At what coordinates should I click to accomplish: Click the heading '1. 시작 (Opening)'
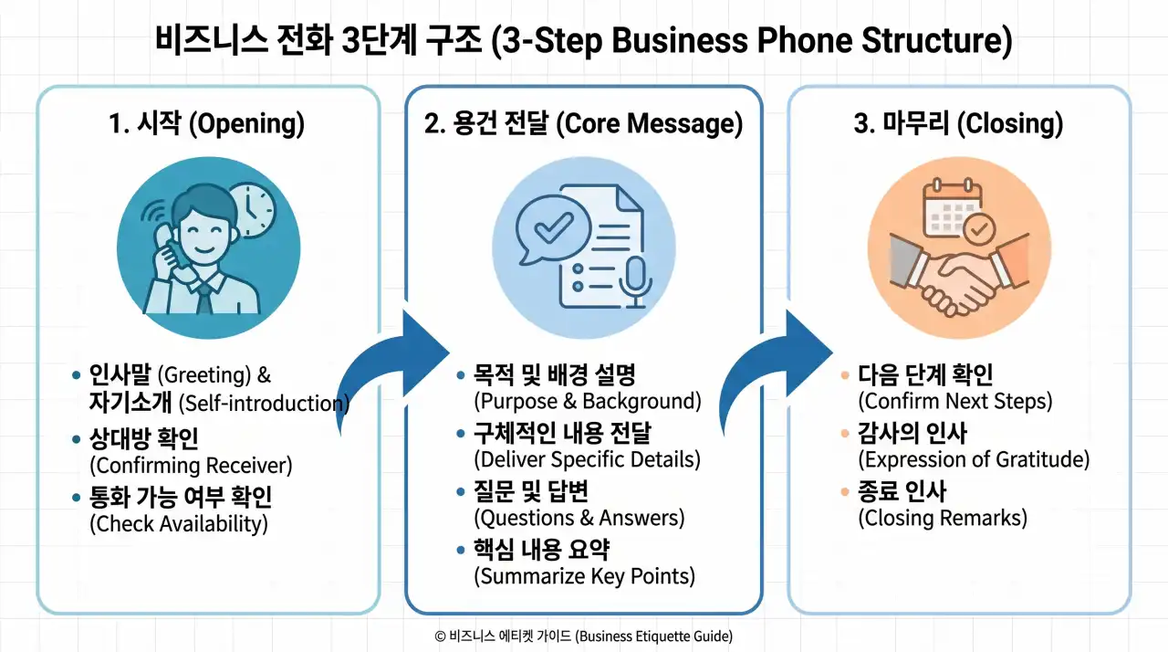[x=206, y=124]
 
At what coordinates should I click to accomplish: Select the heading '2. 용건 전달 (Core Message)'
[x=583, y=124]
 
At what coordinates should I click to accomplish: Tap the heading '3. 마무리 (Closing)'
[x=958, y=124]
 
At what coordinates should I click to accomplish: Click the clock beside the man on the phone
[x=251, y=208]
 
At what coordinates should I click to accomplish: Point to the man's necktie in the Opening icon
[x=205, y=296]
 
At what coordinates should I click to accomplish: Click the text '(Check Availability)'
[x=178, y=524]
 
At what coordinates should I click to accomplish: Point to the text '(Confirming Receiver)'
[x=191, y=466]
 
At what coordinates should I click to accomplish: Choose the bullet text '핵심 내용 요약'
[x=542, y=550]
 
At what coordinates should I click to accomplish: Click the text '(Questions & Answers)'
[x=579, y=518]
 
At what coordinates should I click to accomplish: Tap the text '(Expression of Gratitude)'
[x=974, y=459]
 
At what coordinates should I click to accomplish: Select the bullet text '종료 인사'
[x=902, y=492]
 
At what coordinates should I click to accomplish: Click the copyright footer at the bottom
[x=584, y=636]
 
